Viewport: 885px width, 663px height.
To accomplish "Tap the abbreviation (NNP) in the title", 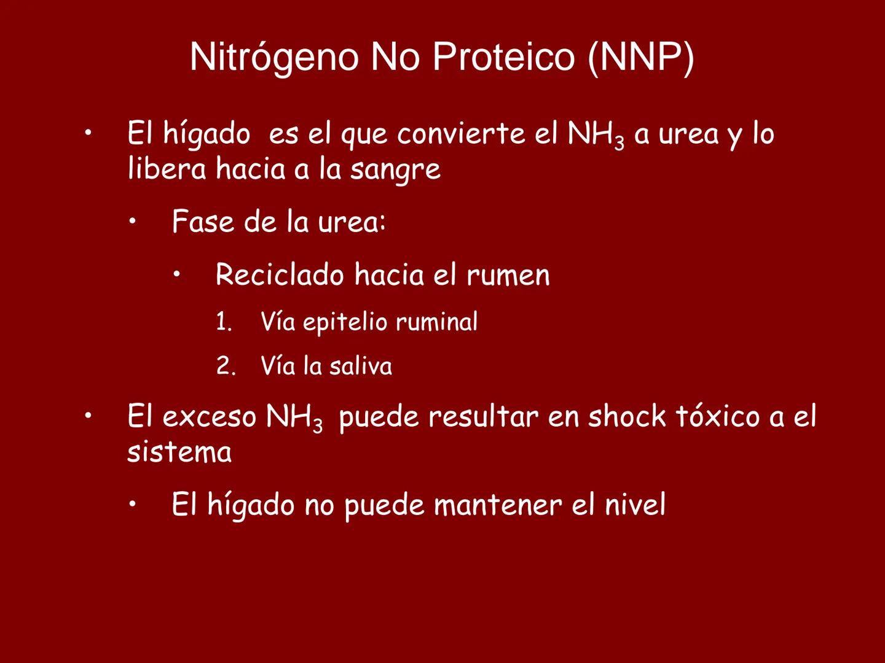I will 641,57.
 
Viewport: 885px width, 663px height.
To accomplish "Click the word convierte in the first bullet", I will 461,134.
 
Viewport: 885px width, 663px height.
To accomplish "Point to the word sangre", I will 395,169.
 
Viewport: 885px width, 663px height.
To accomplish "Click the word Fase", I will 203,222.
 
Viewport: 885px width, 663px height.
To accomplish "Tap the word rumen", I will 508,274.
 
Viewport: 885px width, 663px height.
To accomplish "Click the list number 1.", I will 224,322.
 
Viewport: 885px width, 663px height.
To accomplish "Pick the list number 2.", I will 226,366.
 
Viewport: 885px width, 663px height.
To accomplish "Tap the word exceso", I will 209,417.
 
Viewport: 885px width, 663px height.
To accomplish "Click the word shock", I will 627,417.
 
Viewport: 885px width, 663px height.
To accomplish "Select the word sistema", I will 179,452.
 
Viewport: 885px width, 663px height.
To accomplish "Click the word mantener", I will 498,505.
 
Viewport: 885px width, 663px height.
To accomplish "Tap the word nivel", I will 635,505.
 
